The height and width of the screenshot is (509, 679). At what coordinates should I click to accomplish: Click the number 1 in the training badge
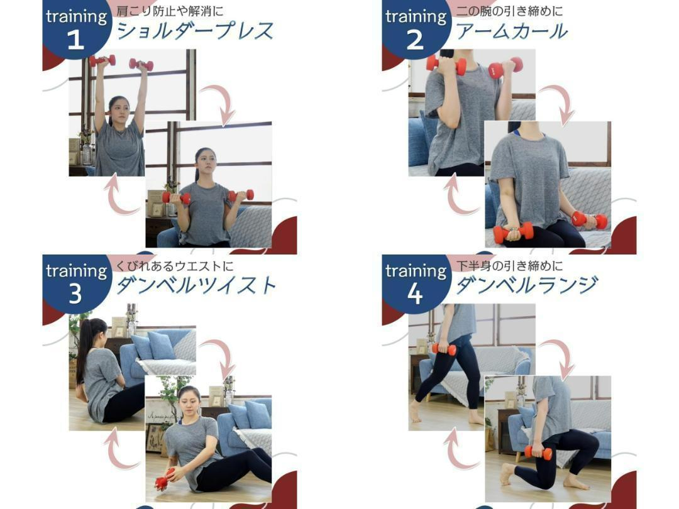(76, 40)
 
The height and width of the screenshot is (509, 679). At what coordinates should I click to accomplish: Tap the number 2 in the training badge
(415, 40)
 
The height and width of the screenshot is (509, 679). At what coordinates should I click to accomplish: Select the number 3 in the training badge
(75, 294)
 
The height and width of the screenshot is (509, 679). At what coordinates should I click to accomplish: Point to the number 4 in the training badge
(415, 294)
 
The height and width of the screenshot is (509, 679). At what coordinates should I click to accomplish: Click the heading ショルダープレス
(196, 31)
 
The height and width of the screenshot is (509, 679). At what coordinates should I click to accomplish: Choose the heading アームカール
(512, 31)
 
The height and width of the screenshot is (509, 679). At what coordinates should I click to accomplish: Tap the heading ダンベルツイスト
(196, 285)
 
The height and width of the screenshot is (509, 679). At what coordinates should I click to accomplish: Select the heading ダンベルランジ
(527, 285)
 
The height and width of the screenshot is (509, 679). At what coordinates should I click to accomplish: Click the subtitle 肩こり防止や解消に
(170, 11)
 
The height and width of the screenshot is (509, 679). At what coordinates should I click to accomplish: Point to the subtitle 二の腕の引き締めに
(510, 11)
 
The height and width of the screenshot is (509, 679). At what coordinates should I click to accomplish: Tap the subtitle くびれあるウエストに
(175, 265)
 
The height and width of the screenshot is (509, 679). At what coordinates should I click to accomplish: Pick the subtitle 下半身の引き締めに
(510, 265)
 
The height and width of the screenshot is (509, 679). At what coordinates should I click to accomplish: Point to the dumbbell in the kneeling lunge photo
(538, 452)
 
